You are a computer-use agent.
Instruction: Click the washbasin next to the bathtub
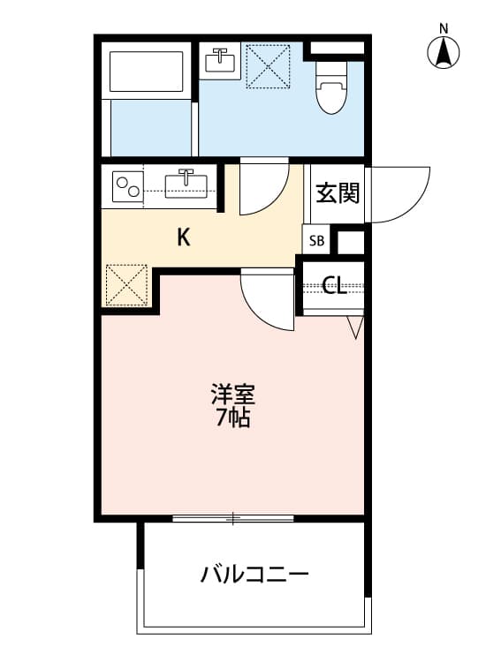click(x=220, y=60)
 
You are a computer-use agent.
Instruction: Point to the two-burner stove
click(x=127, y=186)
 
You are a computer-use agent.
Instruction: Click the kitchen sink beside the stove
click(x=186, y=184)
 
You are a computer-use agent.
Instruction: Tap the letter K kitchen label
click(x=184, y=237)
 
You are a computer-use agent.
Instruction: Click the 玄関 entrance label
click(x=337, y=192)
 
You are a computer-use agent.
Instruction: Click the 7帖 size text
click(x=233, y=418)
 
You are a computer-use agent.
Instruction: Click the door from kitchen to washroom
click(x=264, y=186)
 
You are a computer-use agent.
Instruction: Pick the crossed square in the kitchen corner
click(x=127, y=285)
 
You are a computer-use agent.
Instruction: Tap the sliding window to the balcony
click(x=232, y=518)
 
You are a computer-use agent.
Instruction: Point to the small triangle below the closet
click(x=354, y=327)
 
